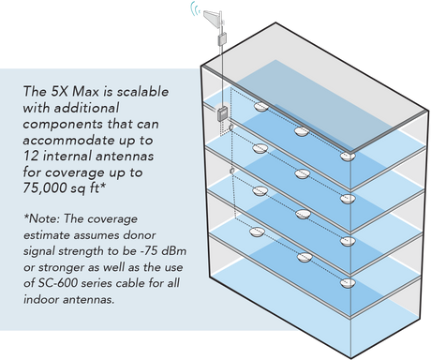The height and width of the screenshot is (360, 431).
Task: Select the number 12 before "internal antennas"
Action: [31, 156]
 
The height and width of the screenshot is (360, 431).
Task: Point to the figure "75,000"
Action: [43, 188]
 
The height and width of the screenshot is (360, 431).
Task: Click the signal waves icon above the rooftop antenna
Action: [196, 8]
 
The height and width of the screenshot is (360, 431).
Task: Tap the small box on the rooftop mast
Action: [222, 39]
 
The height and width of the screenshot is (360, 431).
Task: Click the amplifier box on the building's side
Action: [222, 114]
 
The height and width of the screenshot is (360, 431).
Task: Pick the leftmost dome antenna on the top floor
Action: [261, 107]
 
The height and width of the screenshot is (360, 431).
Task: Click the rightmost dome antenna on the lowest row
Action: [348, 283]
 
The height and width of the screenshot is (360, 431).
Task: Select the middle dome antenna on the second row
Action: [302, 173]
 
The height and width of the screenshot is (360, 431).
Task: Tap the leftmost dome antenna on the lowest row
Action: [258, 232]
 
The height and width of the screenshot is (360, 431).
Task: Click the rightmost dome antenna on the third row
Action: [348, 241]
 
